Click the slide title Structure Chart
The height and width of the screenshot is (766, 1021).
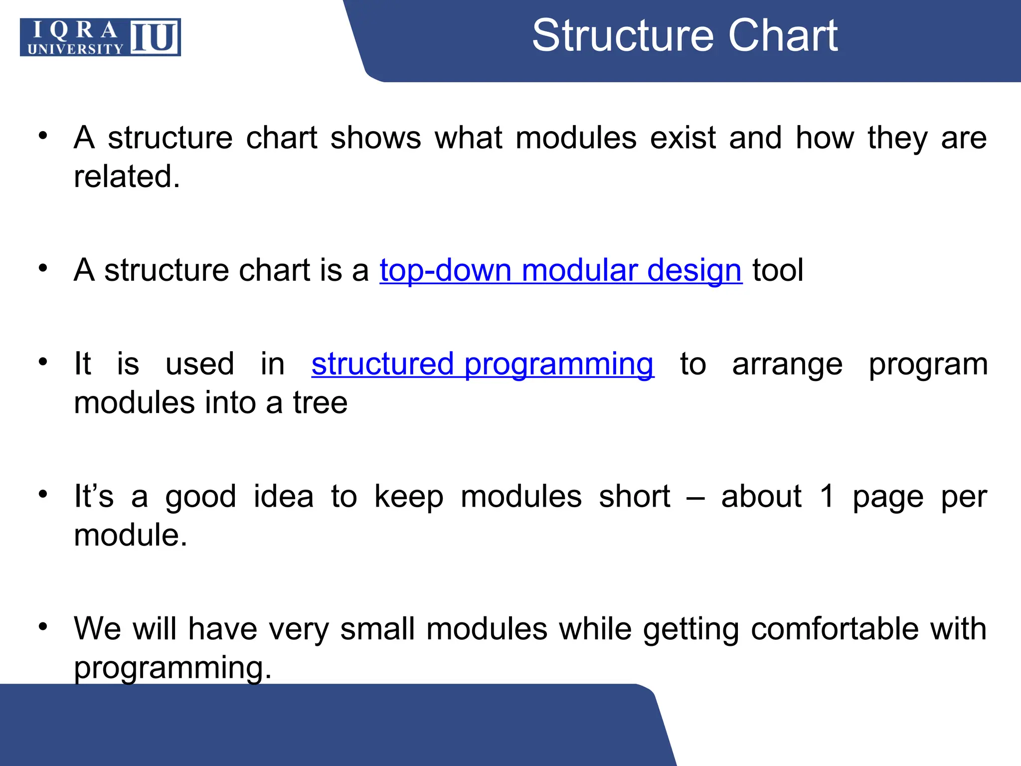pyautogui.click(x=684, y=35)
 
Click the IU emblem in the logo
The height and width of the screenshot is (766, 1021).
pyautogui.click(x=155, y=37)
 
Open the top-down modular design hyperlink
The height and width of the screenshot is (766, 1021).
pyautogui.click(x=560, y=271)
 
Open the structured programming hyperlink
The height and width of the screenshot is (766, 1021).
pyautogui.click(x=482, y=364)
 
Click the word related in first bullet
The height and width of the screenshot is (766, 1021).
pyautogui.click(x=127, y=177)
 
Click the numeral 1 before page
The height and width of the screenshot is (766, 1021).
pyautogui.click(x=827, y=497)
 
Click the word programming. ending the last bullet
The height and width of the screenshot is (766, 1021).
pyautogui.click(x=172, y=668)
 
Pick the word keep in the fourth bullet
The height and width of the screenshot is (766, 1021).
pyautogui.click(x=408, y=497)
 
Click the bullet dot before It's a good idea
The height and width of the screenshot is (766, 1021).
pyautogui.click(x=43, y=494)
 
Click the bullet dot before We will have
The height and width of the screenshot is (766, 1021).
pyautogui.click(x=43, y=626)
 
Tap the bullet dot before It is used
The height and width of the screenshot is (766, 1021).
pyautogui.click(x=43, y=361)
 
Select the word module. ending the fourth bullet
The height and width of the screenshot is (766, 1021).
pyautogui.click(x=130, y=536)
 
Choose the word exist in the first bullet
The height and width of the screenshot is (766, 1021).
pyautogui.click(x=682, y=138)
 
